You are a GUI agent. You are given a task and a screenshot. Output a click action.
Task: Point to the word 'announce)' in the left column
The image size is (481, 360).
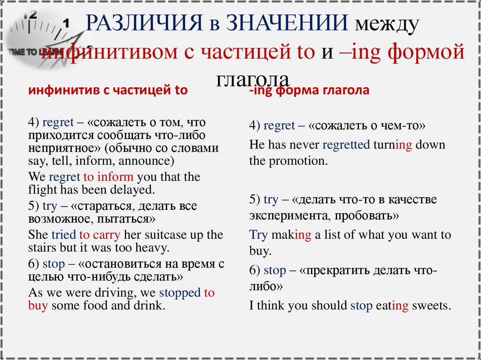[147, 161]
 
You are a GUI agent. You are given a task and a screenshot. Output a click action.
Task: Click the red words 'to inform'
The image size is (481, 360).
[109, 177]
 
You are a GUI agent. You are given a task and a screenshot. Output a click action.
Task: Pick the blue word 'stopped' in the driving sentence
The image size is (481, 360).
[180, 293]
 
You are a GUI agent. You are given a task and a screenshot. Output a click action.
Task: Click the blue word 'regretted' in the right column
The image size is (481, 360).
[346, 145]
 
